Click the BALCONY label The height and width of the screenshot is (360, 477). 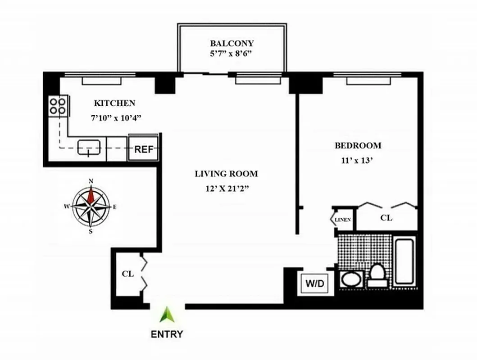pos(232,44)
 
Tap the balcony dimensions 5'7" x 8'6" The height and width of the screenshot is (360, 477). pos(232,54)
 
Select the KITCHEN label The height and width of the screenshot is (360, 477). pos(114,103)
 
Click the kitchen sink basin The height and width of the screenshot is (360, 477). pos(89,147)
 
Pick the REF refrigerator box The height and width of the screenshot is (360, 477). pos(144,149)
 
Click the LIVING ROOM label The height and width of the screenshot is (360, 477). pos(226,174)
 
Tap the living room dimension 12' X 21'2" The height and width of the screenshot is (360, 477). pos(226,188)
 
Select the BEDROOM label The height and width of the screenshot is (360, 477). pos(358,145)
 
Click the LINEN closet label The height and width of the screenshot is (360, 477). pos(343,220)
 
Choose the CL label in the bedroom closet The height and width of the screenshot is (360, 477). pos(386,218)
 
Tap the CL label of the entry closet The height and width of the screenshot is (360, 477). pos(127,274)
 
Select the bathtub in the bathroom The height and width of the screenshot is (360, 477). pos(406,263)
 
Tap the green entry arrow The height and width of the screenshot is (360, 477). pos(167,315)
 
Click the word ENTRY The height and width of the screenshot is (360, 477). pos(167,334)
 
